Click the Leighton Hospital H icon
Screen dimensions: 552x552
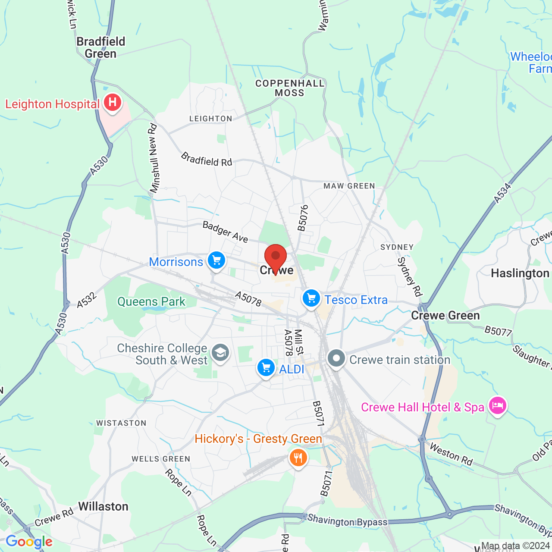tap(112, 103)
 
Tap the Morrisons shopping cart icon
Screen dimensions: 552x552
tap(216, 260)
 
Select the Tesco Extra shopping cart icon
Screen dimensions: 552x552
tap(311, 298)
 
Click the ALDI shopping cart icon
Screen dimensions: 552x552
tap(266, 368)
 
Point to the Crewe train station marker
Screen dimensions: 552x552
tap(336, 358)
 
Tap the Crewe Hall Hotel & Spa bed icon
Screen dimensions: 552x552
tap(497, 406)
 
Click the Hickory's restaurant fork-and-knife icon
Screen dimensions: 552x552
tap(298, 458)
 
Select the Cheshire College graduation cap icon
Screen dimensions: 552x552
tap(220, 353)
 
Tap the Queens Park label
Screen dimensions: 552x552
tap(151, 301)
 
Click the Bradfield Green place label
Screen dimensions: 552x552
tap(101, 47)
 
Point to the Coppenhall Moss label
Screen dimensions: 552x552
tap(290, 88)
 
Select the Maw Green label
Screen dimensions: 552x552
tap(349, 186)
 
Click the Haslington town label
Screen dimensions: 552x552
tap(520, 273)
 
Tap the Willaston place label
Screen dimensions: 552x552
tap(103, 506)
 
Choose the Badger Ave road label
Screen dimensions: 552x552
tap(226, 232)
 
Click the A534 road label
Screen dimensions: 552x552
tap(502, 193)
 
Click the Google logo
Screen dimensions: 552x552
tap(29, 542)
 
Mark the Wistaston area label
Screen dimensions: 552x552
tap(121, 423)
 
